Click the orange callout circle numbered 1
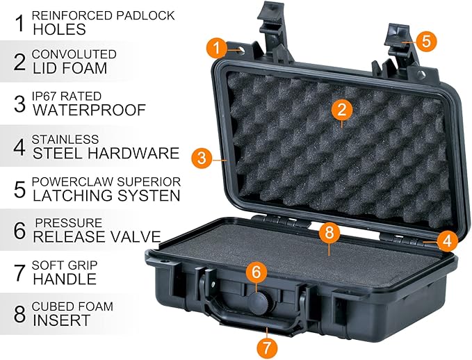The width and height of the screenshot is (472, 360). point(216,48)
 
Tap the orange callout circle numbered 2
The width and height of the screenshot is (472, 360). point(341,108)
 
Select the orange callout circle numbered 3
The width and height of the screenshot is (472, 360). point(202,157)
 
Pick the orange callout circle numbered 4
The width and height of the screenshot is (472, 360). point(447,242)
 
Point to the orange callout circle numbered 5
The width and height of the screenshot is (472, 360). point(426,41)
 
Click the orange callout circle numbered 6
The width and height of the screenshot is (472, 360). point(256,271)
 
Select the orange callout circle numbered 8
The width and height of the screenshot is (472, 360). point(329,233)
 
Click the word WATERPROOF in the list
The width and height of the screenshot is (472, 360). point(89,110)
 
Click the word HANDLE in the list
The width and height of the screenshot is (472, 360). point(64,279)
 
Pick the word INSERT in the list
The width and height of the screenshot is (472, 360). point(61,320)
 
